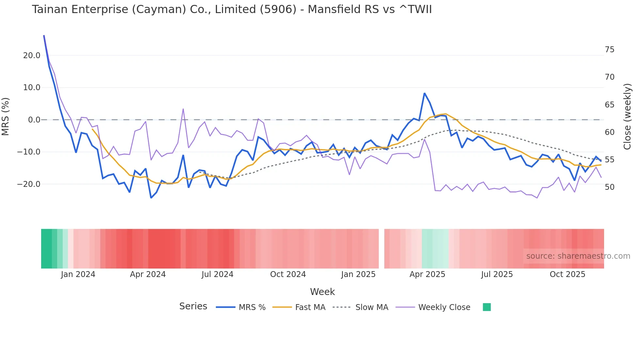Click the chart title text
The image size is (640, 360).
pyautogui.click(x=232, y=9)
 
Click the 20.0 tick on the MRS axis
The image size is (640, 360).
pyautogui.click(x=32, y=56)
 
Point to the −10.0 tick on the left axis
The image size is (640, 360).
pyautogui.click(x=29, y=152)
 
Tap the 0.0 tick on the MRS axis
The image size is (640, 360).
pyautogui.click(x=34, y=120)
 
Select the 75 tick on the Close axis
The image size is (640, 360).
pyautogui.click(x=610, y=50)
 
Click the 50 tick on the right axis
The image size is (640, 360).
pyautogui.click(x=610, y=187)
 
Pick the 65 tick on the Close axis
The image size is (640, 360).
pyautogui.click(x=610, y=105)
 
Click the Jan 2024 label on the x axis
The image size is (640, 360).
pyautogui.click(x=78, y=274)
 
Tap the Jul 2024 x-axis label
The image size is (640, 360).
pyautogui.click(x=217, y=274)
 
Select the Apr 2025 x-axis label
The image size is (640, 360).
pyautogui.click(x=427, y=274)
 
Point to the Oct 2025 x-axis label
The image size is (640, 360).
pyautogui.click(x=568, y=274)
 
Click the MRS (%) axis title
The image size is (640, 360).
pyautogui.click(x=6, y=116)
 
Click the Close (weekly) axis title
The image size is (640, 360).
pyautogui.click(x=627, y=117)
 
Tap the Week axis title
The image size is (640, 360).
pyautogui.click(x=322, y=292)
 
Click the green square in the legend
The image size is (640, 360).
pyautogui.click(x=487, y=307)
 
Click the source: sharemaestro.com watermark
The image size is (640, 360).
pyautogui.click(x=578, y=256)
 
